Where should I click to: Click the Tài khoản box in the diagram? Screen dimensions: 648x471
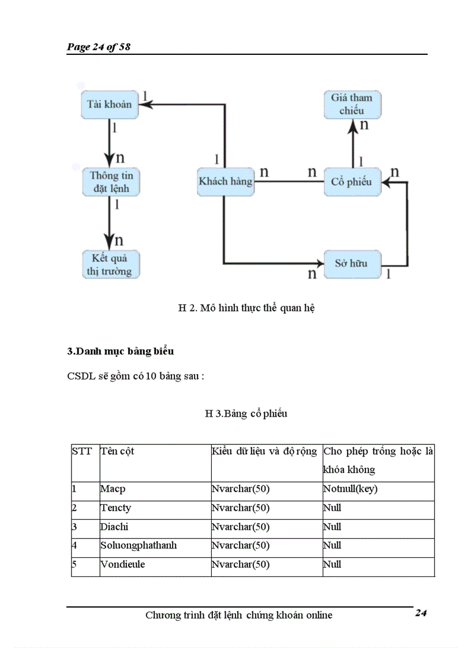coord(109,104)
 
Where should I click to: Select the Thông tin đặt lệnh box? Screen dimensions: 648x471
coord(111,182)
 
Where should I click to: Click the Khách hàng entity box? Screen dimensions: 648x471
coord(225,181)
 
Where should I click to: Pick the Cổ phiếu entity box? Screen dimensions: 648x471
coord(352,182)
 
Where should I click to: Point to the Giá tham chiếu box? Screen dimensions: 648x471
coord(352,104)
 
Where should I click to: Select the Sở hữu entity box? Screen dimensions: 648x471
coord(351,264)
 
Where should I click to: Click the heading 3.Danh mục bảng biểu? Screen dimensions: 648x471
coord(121,351)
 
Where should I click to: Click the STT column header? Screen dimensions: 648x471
coord(81,451)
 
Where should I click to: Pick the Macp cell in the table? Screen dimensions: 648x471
coord(113,489)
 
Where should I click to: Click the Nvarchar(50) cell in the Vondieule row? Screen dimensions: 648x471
coord(241,564)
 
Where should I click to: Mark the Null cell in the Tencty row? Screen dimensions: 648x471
coord(332,508)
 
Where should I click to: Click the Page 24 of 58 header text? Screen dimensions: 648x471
coord(99,47)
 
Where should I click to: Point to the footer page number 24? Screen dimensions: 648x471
coord(420,613)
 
